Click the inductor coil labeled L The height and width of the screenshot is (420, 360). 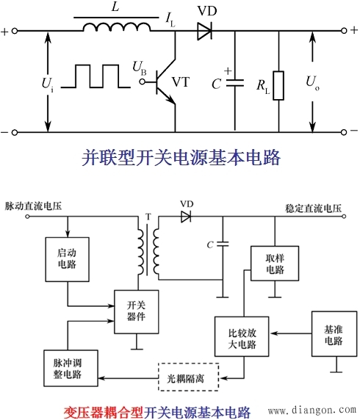(110, 29)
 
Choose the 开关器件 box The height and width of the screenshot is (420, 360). (136, 309)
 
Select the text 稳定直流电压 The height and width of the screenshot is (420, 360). (314, 209)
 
